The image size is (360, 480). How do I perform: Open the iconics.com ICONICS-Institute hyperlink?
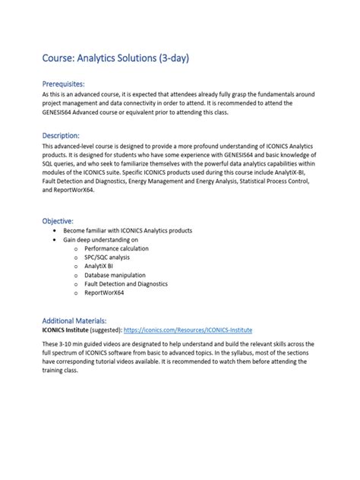[188, 330]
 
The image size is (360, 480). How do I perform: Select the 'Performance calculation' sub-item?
[116, 248]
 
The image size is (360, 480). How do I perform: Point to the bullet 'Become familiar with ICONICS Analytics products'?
[127, 230]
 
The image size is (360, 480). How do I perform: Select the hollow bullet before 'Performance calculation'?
[76, 249]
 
